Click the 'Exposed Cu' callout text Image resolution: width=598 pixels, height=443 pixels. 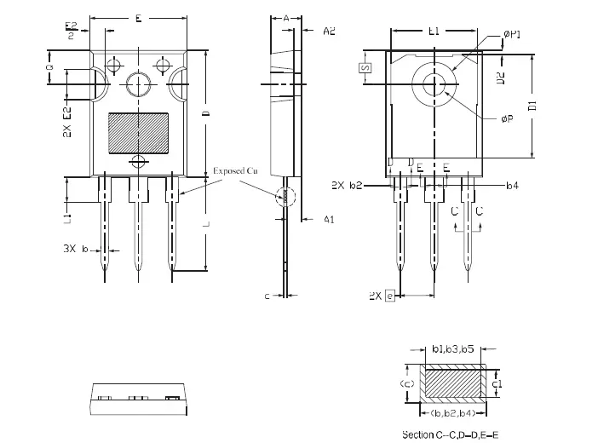(x=235, y=171)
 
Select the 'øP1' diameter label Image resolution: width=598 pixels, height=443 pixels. (x=512, y=34)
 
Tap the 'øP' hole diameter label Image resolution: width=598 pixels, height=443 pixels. (x=507, y=119)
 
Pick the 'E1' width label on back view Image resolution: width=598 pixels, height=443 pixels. (x=433, y=32)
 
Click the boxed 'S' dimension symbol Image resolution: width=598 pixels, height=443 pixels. (x=364, y=68)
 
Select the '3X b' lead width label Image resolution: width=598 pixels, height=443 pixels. (x=78, y=250)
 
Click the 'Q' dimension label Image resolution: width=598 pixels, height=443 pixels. (x=49, y=67)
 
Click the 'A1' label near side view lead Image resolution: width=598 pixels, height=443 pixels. (x=328, y=220)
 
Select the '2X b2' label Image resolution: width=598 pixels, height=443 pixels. (x=348, y=185)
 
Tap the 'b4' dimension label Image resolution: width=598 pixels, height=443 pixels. (x=512, y=185)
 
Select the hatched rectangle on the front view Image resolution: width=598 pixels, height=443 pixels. (x=138, y=134)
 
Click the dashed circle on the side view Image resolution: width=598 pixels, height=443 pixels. (x=286, y=196)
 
